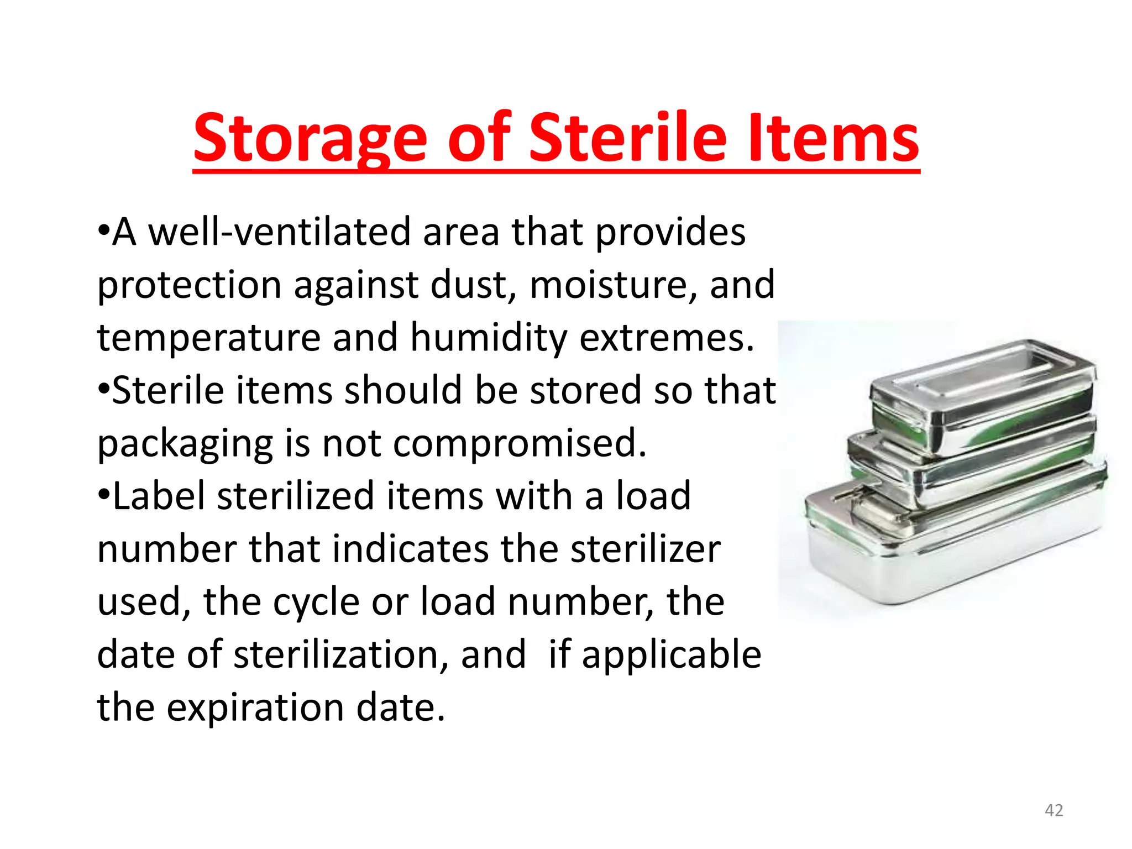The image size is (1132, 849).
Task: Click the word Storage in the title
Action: pyautogui.click(x=310, y=138)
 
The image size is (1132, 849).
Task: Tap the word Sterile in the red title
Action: pyautogui.click(x=628, y=138)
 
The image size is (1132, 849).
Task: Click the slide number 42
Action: pyautogui.click(x=1054, y=810)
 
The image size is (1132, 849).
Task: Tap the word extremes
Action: pyautogui.click(x=667, y=338)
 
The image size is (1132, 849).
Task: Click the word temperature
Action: pyautogui.click(x=209, y=338)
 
